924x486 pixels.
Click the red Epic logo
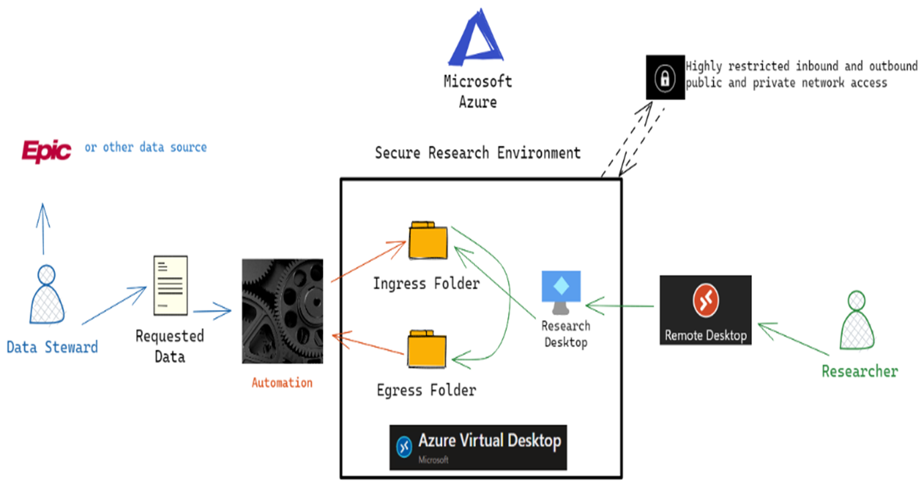point(46,151)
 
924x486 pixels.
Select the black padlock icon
point(665,78)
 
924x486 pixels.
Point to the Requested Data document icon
point(170,285)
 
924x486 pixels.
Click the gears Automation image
point(282,311)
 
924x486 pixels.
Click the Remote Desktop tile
point(705,310)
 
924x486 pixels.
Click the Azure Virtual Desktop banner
point(478,447)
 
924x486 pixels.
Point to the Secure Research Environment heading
point(477,153)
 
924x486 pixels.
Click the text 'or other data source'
point(145,147)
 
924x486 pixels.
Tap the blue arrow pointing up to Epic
point(44,228)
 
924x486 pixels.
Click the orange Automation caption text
point(281,383)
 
